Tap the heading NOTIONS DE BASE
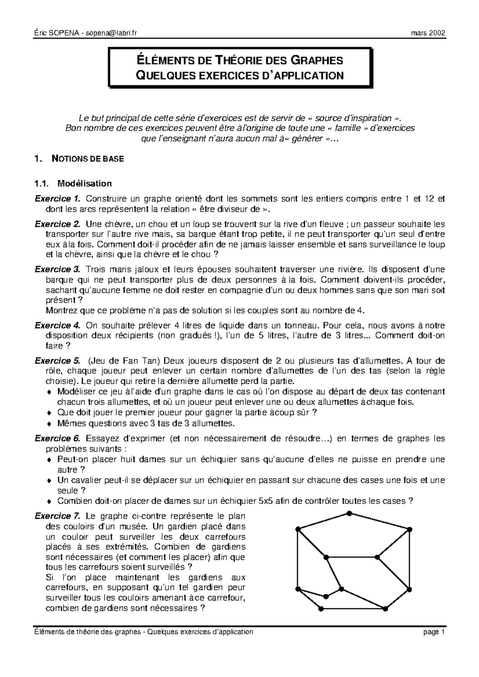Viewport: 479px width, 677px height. [x=88, y=159]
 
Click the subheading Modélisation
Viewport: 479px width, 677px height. [x=85, y=184]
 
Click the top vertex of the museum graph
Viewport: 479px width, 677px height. [x=349, y=513]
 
